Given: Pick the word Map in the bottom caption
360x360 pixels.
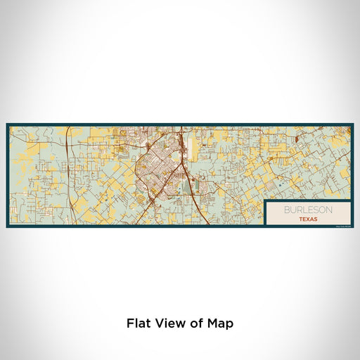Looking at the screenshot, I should (x=219, y=324).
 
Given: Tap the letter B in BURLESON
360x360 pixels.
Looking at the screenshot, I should (x=286, y=210).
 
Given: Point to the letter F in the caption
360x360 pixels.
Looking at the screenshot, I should (x=130, y=324).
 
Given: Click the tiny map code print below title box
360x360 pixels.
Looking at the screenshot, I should (x=341, y=226).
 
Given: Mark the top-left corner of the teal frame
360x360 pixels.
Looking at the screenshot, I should (x=7, y=124).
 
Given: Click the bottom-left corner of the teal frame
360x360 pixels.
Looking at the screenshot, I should (x=7, y=227).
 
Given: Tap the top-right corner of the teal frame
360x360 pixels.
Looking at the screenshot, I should (x=353, y=124).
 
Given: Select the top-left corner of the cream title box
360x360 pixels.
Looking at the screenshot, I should (x=266, y=201).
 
